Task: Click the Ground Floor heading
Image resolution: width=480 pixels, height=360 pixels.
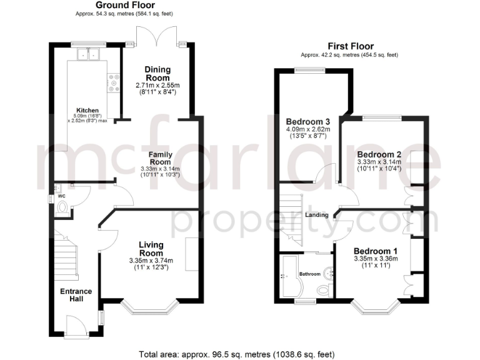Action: point(117,5)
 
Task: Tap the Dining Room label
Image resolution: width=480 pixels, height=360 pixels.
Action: point(157,74)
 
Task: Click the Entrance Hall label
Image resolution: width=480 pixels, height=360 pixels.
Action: point(76,295)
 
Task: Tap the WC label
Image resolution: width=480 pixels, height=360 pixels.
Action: point(61,196)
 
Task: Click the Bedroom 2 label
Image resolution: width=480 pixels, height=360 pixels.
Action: point(379,154)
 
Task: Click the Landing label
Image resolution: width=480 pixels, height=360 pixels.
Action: point(317,215)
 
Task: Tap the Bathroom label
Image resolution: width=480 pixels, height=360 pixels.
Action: point(309,274)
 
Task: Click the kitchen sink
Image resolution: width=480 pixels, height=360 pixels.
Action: point(88,55)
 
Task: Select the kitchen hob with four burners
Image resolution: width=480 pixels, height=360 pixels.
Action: point(114,83)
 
